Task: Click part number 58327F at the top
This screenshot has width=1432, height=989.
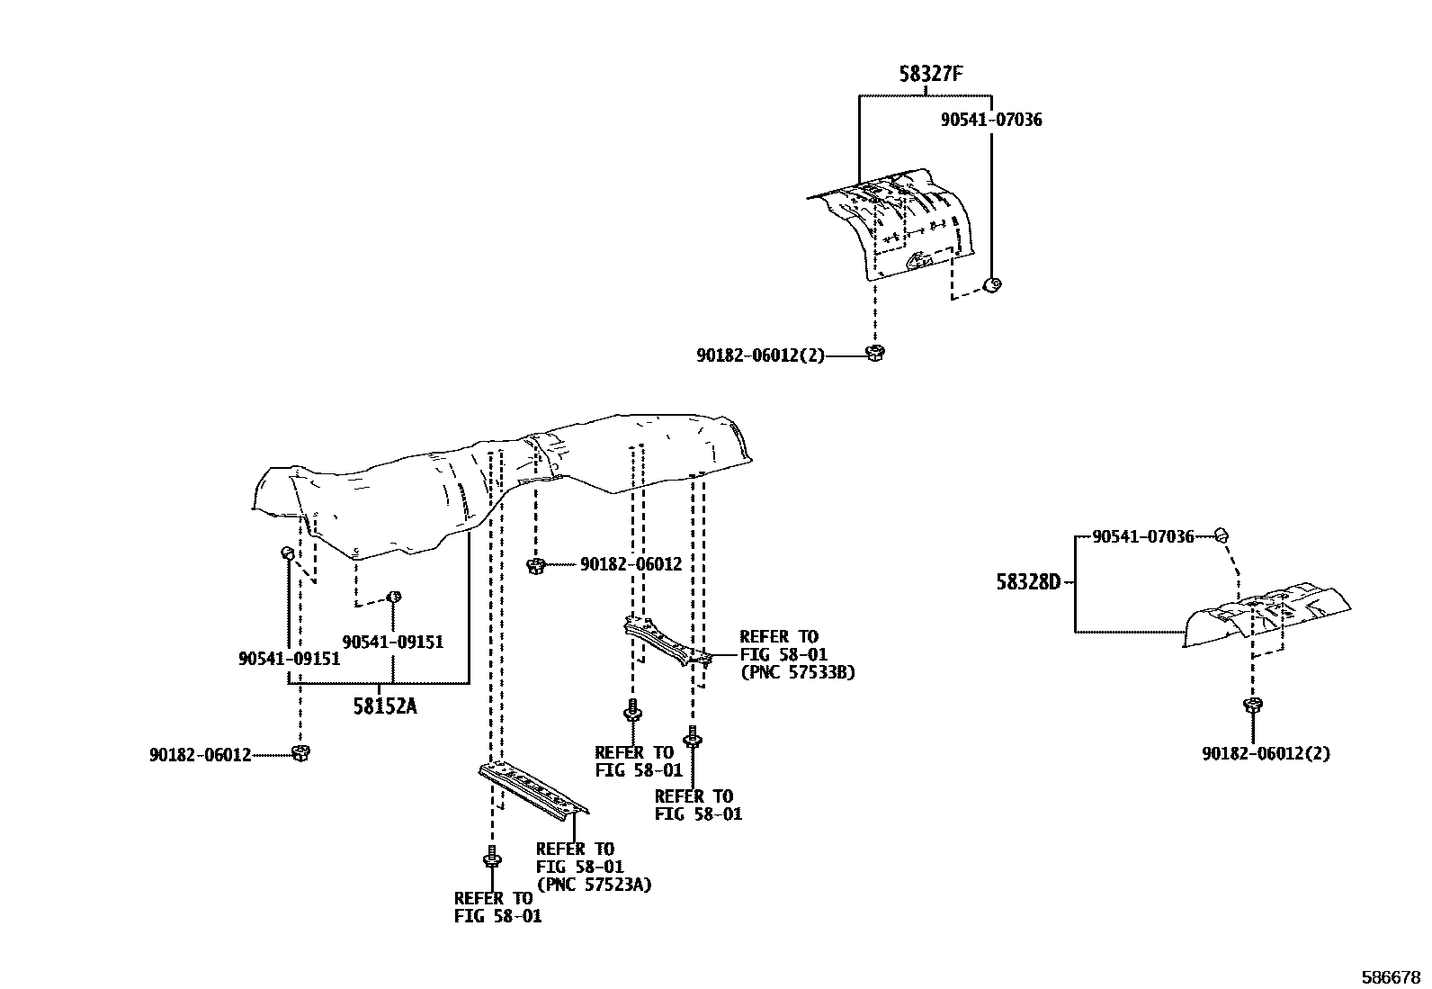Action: pyautogui.click(x=930, y=75)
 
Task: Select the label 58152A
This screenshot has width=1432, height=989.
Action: pyautogui.click(x=385, y=706)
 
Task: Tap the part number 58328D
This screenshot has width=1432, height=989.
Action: pyautogui.click(x=1028, y=581)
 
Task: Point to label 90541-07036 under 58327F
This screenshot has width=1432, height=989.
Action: pyautogui.click(x=991, y=120)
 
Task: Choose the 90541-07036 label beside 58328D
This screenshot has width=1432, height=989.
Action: pyautogui.click(x=1142, y=537)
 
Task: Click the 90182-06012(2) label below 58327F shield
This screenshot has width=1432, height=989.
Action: pyautogui.click(x=760, y=355)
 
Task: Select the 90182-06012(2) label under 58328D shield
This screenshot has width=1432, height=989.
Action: pyautogui.click(x=1266, y=753)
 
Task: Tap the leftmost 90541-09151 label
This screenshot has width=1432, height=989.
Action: pyautogui.click(x=289, y=659)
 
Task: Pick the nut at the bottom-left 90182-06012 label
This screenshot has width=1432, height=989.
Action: pyautogui.click(x=300, y=752)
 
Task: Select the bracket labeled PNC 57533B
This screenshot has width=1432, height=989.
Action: pyautogui.click(x=666, y=641)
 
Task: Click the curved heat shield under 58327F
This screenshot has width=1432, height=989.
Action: pyautogui.click(x=895, y=225)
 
